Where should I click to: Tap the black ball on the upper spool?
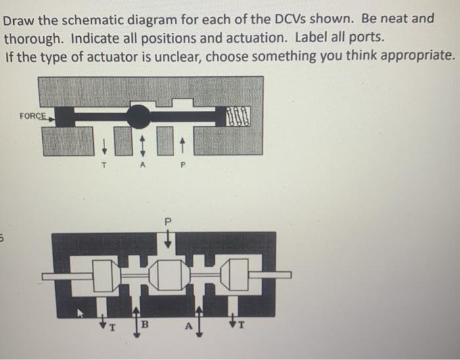(139, 117)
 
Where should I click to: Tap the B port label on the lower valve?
(147, 323)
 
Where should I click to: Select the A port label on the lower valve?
(185, 324)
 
